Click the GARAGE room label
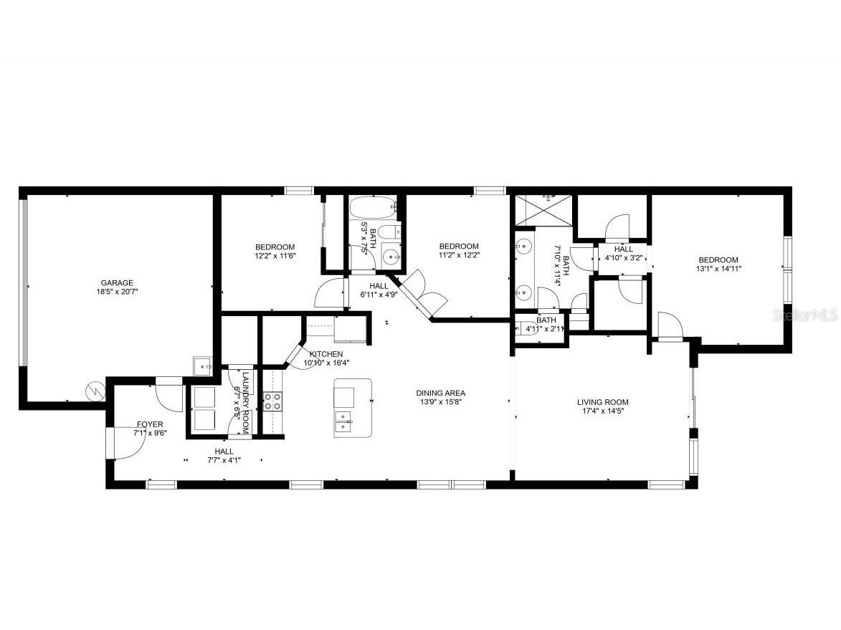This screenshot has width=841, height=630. (x=117, y=282)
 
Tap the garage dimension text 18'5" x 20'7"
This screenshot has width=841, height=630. (x=117, y=292)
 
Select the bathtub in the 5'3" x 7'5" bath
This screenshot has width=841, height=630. (x=372, y=209)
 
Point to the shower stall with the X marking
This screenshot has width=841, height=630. (x=543, y=209)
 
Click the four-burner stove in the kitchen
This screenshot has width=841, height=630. (x=272, y=401)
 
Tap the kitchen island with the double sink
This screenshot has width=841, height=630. (x=353, y=408)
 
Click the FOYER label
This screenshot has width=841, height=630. (x=149, y=424)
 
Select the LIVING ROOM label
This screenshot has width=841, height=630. (x=602, y=402)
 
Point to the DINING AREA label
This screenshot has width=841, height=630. (x=440, y=393)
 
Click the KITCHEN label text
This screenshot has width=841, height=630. (x=326, y=354)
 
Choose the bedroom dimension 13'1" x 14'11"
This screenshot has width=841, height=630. (x=718, y=269)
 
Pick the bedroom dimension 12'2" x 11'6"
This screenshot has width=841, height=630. (x=275, y=256)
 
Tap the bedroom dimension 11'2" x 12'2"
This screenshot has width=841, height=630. (x=459, y=254)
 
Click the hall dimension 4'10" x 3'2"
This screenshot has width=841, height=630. (x=623, y=257)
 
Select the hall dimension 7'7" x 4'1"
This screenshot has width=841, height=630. (x=224, y=460)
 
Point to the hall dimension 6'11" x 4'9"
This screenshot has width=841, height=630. (x=379, y=295)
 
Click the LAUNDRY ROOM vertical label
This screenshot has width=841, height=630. (x=244, y=403)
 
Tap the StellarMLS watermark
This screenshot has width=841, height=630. (x=810, y=315)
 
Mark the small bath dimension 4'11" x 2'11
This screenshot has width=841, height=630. (x=546, y=329)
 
